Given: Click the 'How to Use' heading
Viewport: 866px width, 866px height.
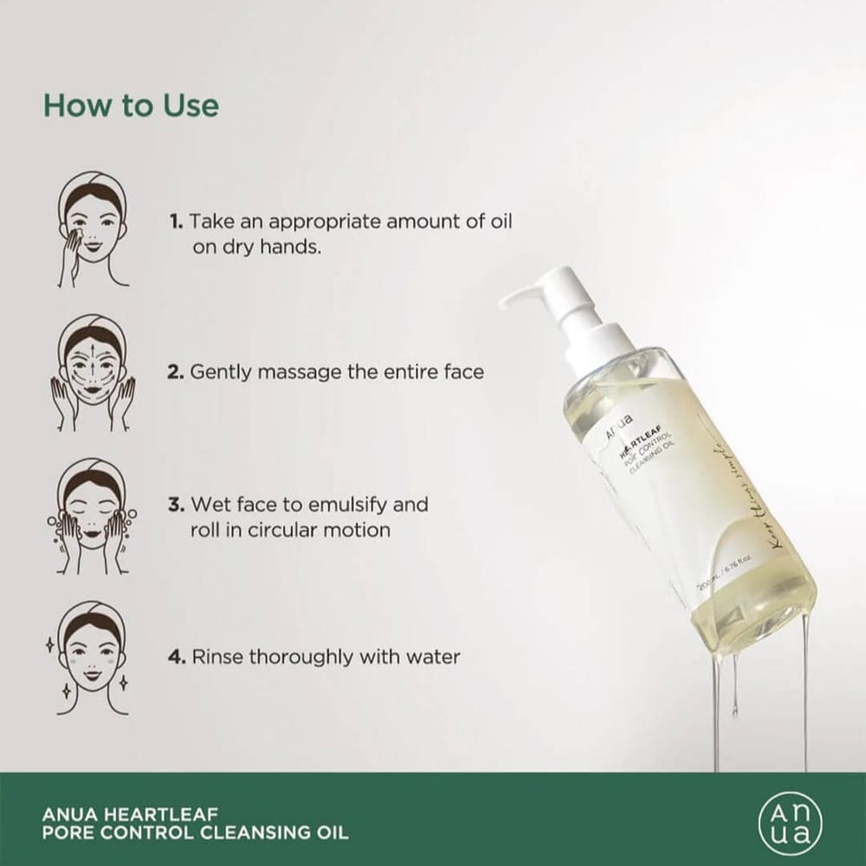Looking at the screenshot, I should pos(131,106).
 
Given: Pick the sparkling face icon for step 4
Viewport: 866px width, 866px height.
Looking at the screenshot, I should pos(94,658).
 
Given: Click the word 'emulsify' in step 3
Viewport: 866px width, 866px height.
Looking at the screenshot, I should pos(346,504).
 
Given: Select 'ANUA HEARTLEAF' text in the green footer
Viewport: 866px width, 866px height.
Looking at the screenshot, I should pos(130,813).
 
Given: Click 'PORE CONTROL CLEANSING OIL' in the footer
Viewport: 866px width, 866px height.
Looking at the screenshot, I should pos(195,834).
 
